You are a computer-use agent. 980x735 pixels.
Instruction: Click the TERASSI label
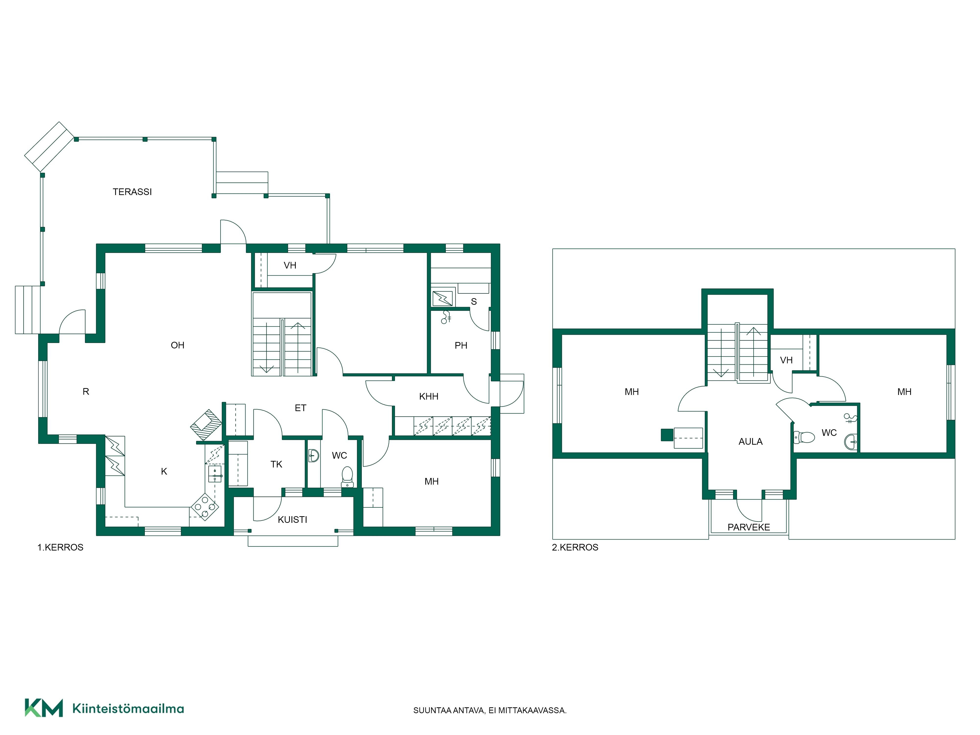[132, 192]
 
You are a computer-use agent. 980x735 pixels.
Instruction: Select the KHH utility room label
[429, 396]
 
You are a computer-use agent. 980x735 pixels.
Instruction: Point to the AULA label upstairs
[750, 442]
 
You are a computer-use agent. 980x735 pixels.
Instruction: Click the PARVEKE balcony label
[749, 527]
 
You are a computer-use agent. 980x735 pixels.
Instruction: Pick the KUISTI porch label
[292, 520]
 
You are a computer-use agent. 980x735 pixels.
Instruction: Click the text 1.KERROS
[60, 548]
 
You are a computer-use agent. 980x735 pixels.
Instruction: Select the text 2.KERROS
[575, 548]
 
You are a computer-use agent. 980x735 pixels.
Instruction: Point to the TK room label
[276, 464]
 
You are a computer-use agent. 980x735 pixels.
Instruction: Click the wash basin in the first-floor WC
[313, 455]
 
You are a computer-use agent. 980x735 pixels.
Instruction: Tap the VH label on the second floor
[786, 360]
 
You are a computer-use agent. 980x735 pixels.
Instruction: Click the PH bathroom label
[461, 345]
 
